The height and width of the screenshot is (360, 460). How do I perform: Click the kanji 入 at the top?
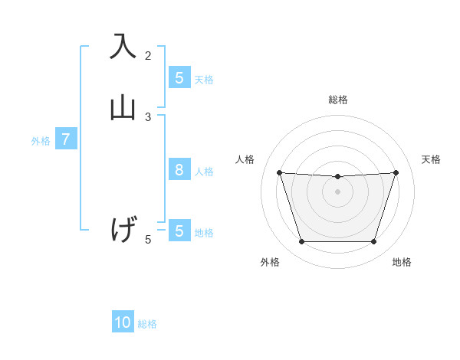tap(123, 46)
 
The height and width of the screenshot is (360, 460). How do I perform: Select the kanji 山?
tap(123, 106)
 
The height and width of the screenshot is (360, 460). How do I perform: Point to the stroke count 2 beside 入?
tap(148, 55)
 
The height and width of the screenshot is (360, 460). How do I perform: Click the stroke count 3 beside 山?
tap(148, 116)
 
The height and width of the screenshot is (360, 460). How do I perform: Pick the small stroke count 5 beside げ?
tap(148, 240)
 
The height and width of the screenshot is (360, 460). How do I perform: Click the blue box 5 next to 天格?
tap(179, 78)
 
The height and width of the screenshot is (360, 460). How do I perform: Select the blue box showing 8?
tap(179, 170)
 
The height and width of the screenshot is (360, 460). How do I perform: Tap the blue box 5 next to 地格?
tap(179, 231)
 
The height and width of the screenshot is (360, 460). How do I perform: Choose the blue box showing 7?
tap(66, 140)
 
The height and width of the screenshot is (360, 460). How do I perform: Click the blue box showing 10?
tap(123, 322)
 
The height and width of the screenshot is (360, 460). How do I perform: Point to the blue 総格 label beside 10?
tap(147, 324)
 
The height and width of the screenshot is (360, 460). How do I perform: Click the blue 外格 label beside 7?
tap(41, 141)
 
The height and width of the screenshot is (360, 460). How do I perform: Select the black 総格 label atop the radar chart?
tap(337, 100)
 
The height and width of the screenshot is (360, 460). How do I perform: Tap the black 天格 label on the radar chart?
tap(432, 159)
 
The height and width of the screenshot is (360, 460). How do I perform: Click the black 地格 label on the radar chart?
tap(402, 262)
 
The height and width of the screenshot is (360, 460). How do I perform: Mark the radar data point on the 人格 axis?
tap(279, 172)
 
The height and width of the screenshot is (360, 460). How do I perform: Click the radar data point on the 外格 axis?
tap(301, 242)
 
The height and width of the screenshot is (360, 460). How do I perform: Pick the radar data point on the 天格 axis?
tap(396, 172)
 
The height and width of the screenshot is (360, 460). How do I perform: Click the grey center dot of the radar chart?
tap(337, 191)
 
